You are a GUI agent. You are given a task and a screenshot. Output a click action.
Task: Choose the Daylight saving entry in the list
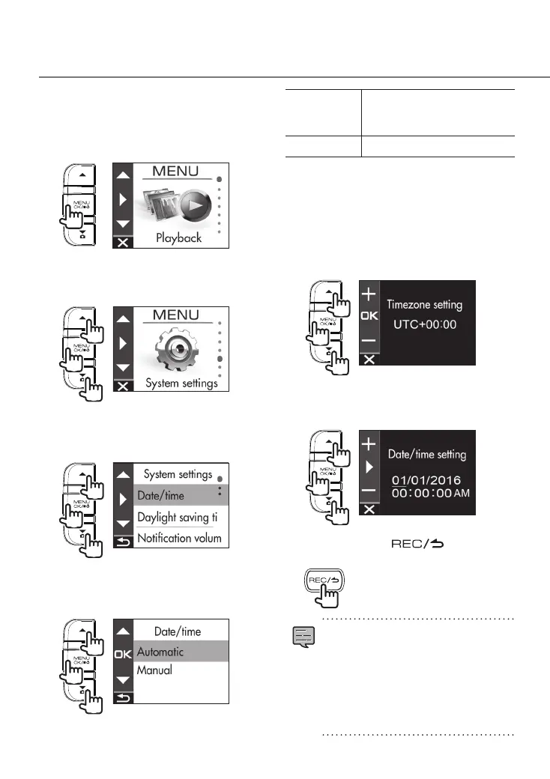click(x=179, y=518)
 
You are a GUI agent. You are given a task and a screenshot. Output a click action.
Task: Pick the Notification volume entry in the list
click(x=179, y=539)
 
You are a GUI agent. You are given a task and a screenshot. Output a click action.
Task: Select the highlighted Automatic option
click(x=160, y=652)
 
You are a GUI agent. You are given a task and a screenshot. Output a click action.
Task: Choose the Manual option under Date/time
click(x=154, y=670)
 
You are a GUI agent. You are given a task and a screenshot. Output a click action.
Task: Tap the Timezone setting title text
click(x=425, y=305)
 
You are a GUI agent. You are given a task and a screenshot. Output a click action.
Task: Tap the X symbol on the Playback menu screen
click(x=123, y=243)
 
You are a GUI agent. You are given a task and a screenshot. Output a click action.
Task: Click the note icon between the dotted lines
click(x=303, y=638)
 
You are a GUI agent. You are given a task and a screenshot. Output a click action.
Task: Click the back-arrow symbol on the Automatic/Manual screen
click(x=123, y=698)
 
